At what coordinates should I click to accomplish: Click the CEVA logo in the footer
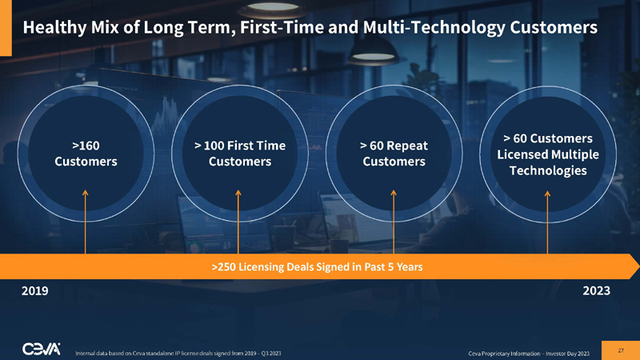pos(44,350)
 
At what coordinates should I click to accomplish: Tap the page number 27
pos(620,350)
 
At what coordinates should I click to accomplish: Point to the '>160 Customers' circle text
pos(86,154)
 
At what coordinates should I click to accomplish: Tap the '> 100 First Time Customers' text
pos(240,154)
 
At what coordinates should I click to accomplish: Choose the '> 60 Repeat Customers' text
pos(394,154)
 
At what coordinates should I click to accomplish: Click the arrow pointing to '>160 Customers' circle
pos(86,220)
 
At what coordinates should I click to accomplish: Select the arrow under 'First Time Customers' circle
pos(240,220)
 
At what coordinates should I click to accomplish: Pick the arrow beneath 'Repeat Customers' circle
pos(394,220)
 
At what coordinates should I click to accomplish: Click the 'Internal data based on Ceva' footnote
pos(177,352)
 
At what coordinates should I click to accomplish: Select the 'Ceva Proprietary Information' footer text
pos(528,352)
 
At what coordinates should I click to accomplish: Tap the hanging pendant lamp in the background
pos(374,54)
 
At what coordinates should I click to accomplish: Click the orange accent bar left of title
pos(6,28)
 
